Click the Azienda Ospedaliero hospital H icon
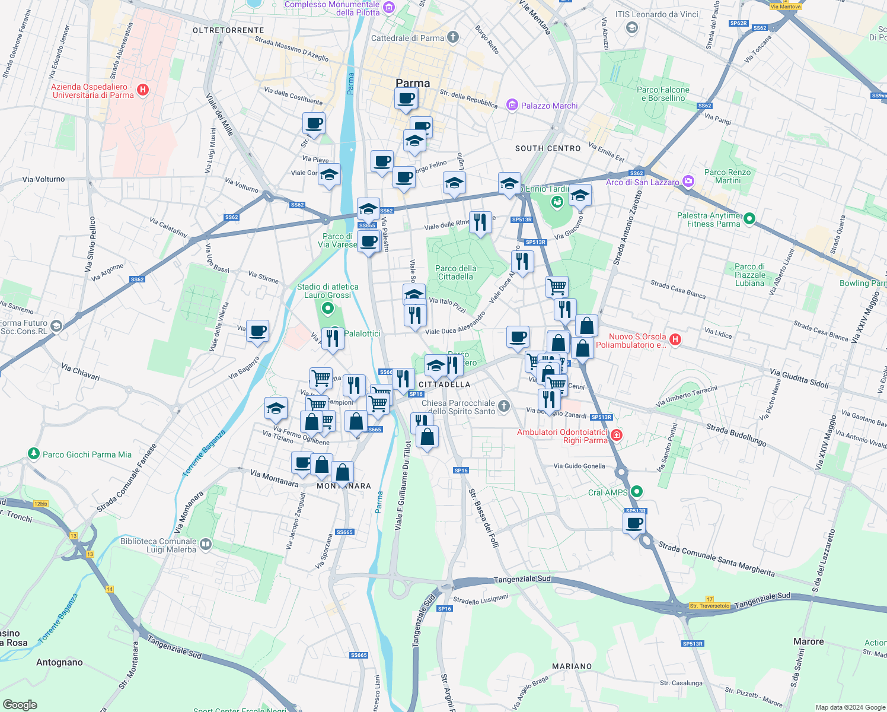point(142,90)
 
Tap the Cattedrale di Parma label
point(407,38)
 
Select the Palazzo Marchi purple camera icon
point(512,106)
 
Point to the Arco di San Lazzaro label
point(642,182)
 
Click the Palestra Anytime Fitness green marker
point(749,219)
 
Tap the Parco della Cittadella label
point(455,272)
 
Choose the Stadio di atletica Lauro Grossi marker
point(327,308)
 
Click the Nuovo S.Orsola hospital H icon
point(675,339)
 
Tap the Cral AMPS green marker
point(637,491)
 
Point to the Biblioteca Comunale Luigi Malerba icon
point(205,543)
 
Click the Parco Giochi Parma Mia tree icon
point(34,454)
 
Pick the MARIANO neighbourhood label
point(572,666)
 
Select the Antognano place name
point(59,662)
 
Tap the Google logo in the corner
point(20,705)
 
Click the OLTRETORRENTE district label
point(228,30)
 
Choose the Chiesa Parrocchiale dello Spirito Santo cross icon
point(503,406)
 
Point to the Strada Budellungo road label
point(736,434)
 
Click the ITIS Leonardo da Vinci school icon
point(632,27)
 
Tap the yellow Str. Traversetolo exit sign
point(709,606)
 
